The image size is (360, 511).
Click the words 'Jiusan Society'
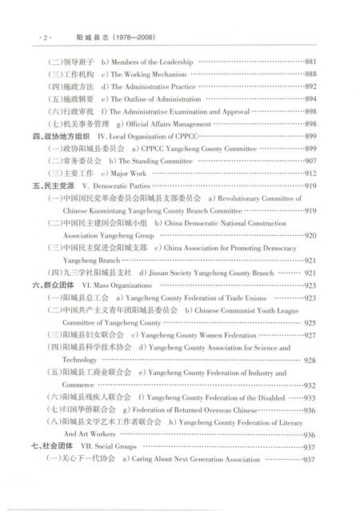(x=158, y=273)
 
